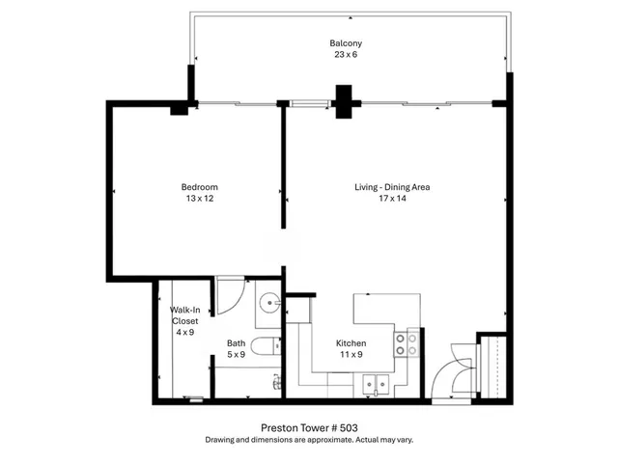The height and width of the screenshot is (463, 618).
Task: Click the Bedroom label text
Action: point(200,187)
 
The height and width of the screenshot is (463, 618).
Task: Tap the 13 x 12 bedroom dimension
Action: point(200,199)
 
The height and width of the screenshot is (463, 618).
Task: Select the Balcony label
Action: point(345,43)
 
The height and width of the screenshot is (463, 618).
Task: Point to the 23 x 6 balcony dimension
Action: point(345,55)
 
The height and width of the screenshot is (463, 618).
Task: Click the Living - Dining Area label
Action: point(391,187)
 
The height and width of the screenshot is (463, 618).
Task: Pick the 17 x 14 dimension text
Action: point(391,199)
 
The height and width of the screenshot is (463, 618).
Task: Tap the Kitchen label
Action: point(350,343)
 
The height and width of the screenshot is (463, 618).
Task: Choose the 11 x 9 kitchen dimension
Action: point(350,355)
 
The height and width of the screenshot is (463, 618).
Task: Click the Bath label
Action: point(236,343)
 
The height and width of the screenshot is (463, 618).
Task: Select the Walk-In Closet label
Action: point(184,315)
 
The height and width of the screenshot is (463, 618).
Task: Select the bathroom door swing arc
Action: point(230,295)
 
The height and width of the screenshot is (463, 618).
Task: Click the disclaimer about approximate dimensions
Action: point(309,440)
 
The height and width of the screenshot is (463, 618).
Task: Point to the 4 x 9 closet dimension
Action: point(184,332)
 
